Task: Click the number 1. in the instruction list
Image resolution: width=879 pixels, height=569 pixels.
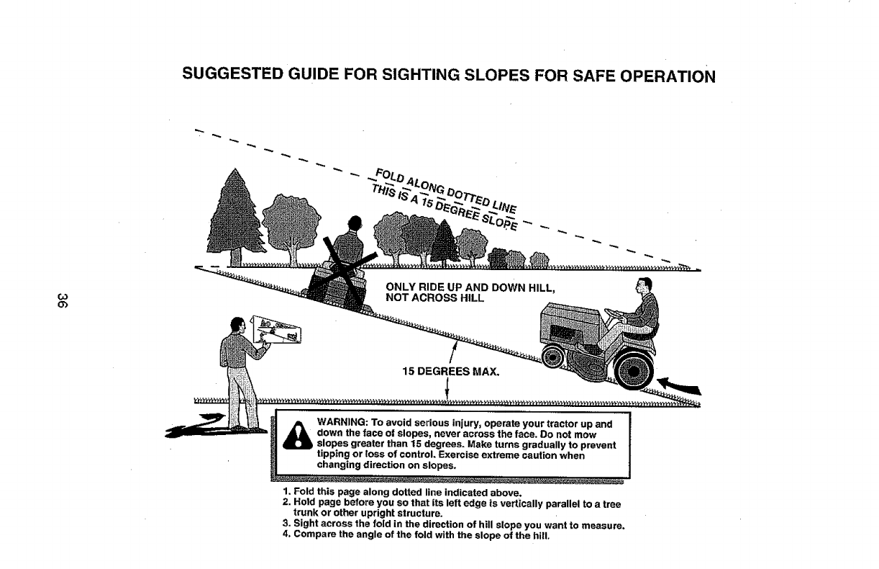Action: (x=286, y=493)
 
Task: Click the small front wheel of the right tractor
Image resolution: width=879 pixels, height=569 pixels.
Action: (x=555, y=354)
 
